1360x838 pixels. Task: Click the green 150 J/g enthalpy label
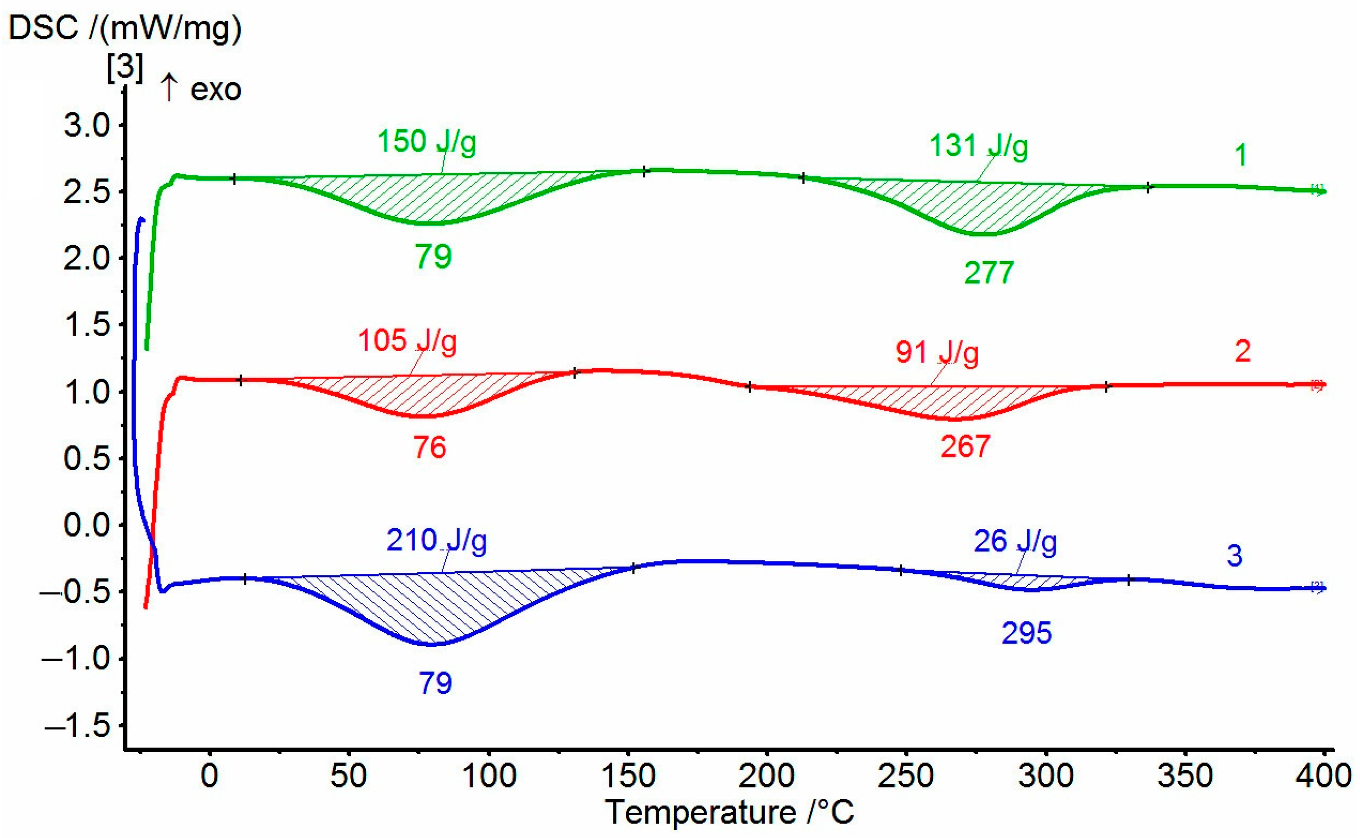click(x=426, y=142)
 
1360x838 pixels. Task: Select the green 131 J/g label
click(x=978, y=147)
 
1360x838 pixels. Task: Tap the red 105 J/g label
click(x=407, y=341)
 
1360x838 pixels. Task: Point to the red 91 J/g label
click(x=937, y=353)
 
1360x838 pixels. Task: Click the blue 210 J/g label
click(x=436, y=540)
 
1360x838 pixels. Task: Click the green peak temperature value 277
click(x=989, y=272)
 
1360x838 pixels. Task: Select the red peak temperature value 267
click(x=965, y=447)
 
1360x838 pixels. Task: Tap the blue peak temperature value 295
click(x=1027, y=633)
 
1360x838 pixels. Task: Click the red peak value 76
click(x=430, y=447)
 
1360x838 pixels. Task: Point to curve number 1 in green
click(x=1241, y=155)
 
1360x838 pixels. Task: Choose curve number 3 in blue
click(x=1234, y=556)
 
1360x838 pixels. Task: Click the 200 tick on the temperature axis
click(x=767, y=776)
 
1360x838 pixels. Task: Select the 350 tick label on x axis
click(x=1185, y=776)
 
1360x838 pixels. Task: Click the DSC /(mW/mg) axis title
click(x=125, y=28)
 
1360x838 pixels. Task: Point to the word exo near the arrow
click(x=215, y=90)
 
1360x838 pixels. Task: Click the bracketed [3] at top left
click(x=125, y=67)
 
